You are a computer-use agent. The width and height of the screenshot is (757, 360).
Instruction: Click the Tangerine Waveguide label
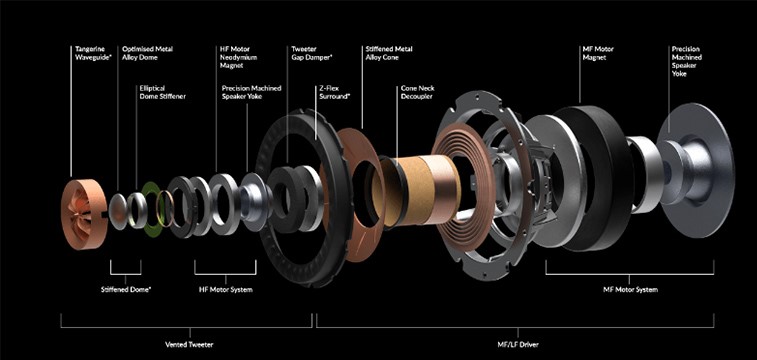click(90, 53)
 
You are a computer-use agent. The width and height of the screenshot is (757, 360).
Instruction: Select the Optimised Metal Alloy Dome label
click(147, 53)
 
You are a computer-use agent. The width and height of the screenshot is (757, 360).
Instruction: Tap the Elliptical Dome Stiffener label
click(162, 92)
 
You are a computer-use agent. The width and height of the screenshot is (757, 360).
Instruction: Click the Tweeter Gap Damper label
click(312, 53)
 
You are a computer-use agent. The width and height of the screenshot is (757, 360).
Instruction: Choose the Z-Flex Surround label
click(335, 92)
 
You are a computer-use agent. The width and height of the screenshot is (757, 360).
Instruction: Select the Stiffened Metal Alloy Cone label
click(389, 53)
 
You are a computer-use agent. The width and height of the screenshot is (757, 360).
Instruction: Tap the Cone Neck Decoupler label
click(417, 92)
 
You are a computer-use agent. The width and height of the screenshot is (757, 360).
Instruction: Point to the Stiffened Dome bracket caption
click(126, 290)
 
